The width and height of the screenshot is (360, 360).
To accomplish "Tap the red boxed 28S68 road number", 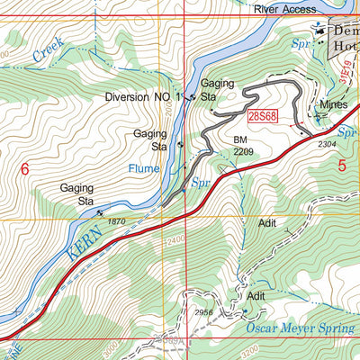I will tap(259, 115).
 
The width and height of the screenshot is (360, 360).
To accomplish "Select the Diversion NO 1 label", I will tap(143, 96).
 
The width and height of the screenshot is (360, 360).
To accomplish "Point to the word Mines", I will tap(334, 105).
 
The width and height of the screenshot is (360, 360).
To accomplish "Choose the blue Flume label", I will tap(144, 168).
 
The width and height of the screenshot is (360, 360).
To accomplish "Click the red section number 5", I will tap(342, 165).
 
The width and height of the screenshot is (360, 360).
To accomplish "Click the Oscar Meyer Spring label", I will tap(298, 329).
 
